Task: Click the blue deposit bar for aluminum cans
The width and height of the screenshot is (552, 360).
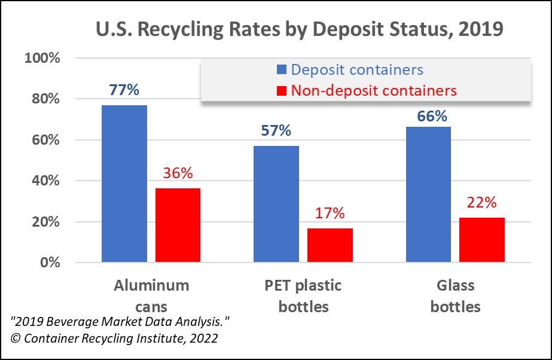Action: click(x=124, y=184)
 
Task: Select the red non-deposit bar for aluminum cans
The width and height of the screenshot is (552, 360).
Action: click(x=178, y=225)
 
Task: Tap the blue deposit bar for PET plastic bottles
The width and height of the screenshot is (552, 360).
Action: click(x=276, y=204)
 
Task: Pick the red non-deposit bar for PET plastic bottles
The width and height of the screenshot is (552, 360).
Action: click(x=330, y=245)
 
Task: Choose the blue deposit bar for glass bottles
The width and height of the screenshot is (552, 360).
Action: click(x=428, y=194)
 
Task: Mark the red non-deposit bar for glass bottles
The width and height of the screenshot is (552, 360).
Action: click(x=482, y=240)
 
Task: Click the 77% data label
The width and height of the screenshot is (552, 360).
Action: click(x=124, y=90)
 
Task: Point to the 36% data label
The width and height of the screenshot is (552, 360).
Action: click(x=178, y=173)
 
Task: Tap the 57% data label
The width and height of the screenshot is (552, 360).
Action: click(x=276, y=130)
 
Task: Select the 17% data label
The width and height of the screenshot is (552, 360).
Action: click(x=330, y=213)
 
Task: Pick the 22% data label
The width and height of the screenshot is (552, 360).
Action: click(x=482, y=203)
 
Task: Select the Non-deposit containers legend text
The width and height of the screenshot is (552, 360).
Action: click(x=374, y=90)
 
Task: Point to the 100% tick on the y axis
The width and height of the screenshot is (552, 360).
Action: click(x=42, y=59)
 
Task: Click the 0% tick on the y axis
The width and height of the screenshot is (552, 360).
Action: click(x=48, y=263)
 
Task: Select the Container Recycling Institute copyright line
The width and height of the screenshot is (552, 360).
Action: click(x=114, y=337)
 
